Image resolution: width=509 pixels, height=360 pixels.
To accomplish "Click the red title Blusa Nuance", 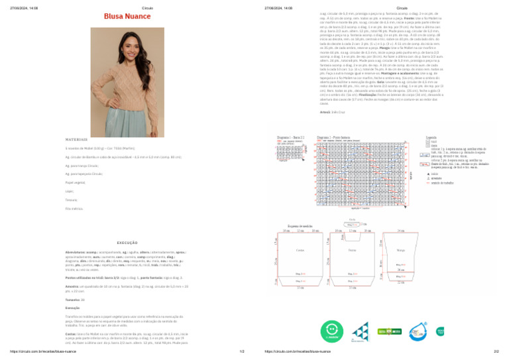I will click(x=127, y=16).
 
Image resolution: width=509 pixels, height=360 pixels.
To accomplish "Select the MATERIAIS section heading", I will click(x=76, y=139).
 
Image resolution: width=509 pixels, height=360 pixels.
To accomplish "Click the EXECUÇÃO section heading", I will click(x=127, y=243).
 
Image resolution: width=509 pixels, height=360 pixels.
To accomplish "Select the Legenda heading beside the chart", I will click(x=431, y=137).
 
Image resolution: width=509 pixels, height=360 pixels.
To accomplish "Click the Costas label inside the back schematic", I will click(x=300, y=250).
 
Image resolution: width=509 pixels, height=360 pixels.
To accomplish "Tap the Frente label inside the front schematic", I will click(x=352, y=250).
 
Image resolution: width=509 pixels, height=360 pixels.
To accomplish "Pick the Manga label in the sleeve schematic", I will click(x=401, y=251).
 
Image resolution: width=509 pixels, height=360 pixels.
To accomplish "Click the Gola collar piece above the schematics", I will click(x=351, y=225).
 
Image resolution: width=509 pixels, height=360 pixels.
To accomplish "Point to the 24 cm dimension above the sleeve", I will click(x=401, y=231).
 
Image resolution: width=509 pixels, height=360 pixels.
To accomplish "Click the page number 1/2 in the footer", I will click(x=241, y=352).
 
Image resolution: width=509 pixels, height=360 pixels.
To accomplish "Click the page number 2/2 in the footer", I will click(x=496, y=352).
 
